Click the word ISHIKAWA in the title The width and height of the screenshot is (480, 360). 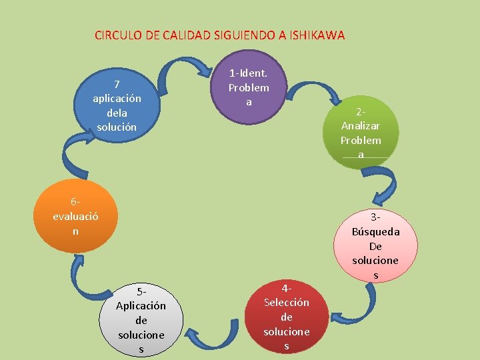coord(317,35)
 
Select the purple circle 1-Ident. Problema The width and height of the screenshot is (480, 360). coord(249,87)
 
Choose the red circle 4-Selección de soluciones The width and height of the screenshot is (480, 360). coord(286,316)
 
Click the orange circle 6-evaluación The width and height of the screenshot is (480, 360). coord(75,215)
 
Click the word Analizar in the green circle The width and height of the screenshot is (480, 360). coord(361,126)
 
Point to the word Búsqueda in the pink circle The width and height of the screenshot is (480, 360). coord(375,231)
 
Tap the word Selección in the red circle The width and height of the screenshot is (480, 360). coord(286,302)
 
